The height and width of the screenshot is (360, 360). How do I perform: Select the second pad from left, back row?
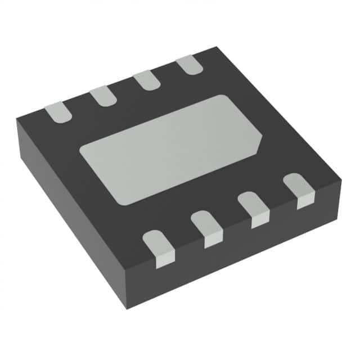click(103, 96)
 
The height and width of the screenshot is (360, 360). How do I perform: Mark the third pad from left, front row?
click(253, 209)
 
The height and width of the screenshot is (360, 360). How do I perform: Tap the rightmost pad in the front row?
click(298, 191)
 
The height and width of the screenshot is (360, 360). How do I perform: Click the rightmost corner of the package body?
click(341, 181)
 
